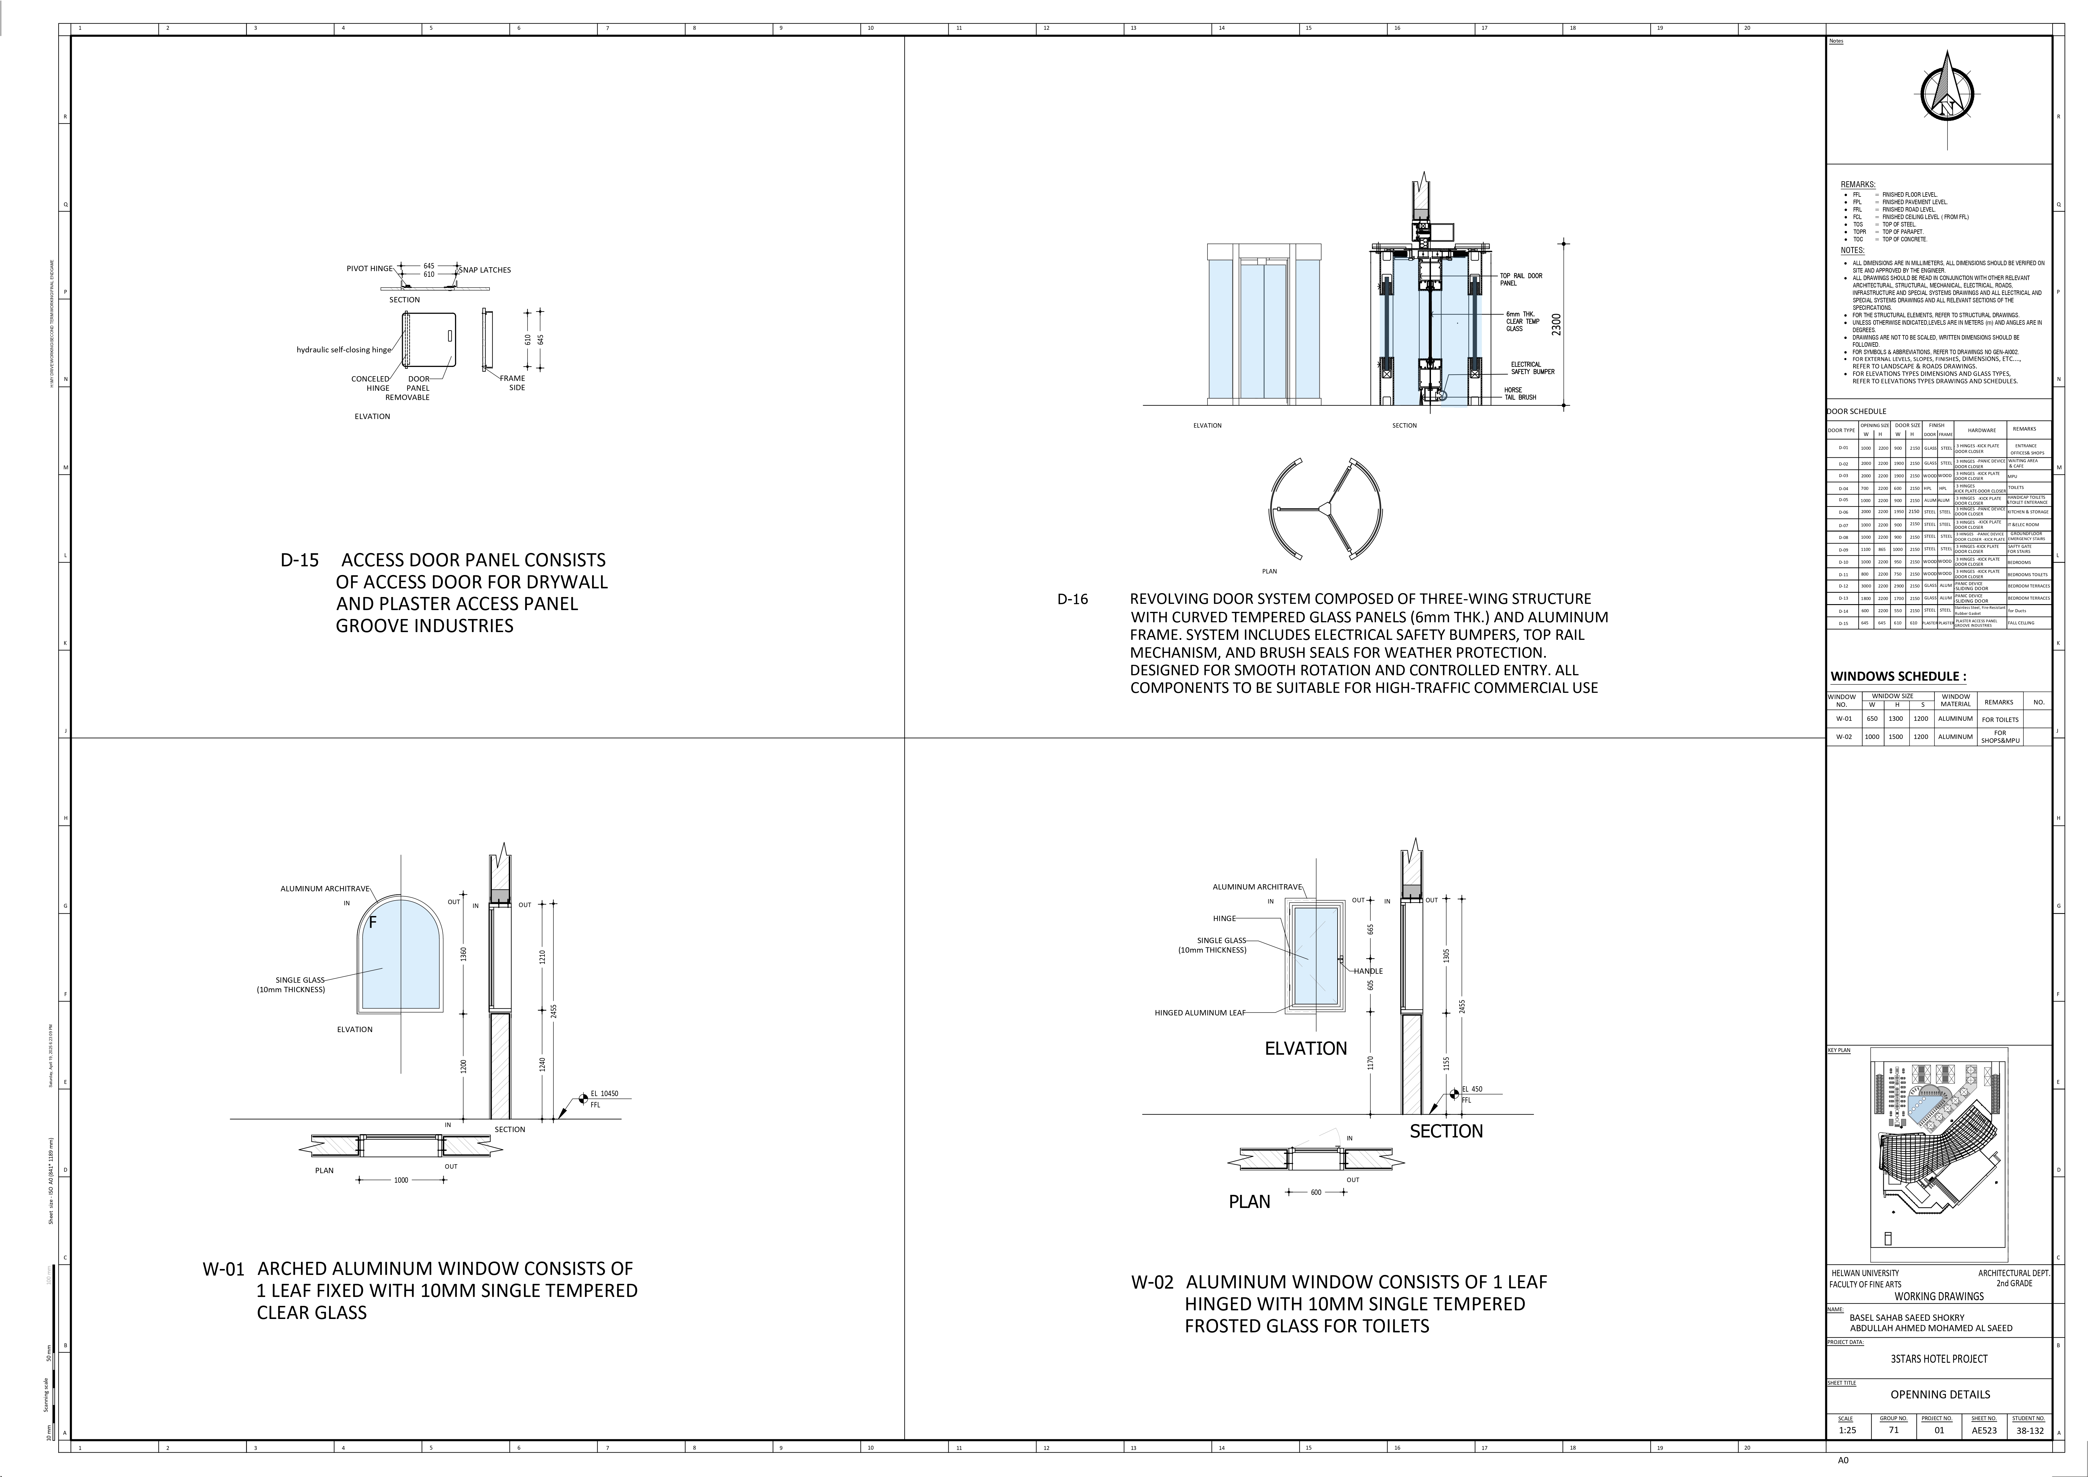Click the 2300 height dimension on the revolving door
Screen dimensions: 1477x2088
pyautogui.click(x=1556, y=325)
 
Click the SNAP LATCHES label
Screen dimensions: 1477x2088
pyautogui.click(x=485, y=270)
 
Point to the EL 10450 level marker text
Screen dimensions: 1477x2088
pyautogui.click(x=604, y=1094)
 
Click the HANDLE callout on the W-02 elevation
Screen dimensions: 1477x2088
pyautogui.click(x=1368, y=971)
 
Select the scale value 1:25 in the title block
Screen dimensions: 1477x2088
pyautogui.click(x=1847, y=1430)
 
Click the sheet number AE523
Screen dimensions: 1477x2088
pyautogui.click(x=1984, y=1430)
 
